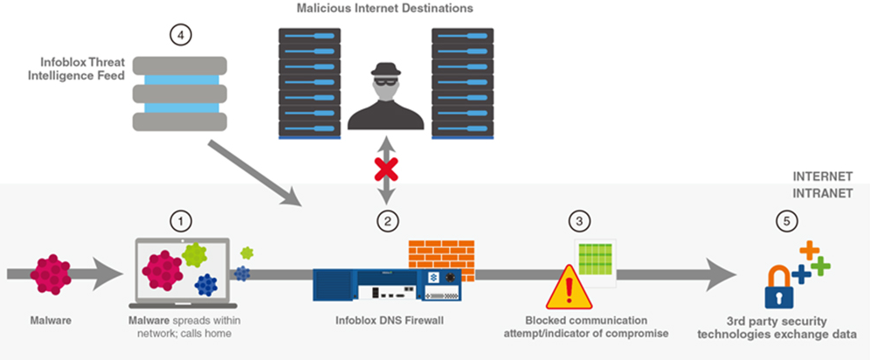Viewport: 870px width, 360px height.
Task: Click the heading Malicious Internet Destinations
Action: [381, 9]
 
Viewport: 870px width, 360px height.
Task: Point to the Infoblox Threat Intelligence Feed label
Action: [83, 69]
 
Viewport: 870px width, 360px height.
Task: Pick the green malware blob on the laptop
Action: [197, 256]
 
